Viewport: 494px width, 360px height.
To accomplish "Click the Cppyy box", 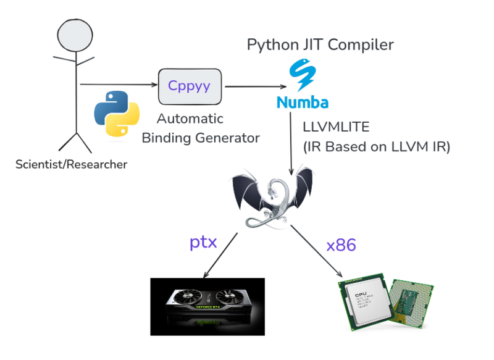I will point(190,86).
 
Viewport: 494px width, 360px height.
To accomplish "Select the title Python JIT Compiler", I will point(320,45).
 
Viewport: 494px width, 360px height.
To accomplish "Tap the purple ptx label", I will point(203,241).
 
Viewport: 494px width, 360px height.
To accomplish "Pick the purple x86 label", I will point(341,245).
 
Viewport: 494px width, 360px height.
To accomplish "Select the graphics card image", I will point(207,306).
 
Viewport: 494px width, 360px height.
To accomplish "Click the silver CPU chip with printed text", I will point(367,303).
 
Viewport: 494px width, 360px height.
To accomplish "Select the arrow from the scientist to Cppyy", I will point(117,85).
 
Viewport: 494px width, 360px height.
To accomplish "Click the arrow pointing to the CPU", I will point(317,253).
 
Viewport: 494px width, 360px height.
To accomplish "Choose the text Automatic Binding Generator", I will point(200,128).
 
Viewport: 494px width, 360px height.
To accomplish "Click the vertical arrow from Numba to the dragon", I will point(291,142).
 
